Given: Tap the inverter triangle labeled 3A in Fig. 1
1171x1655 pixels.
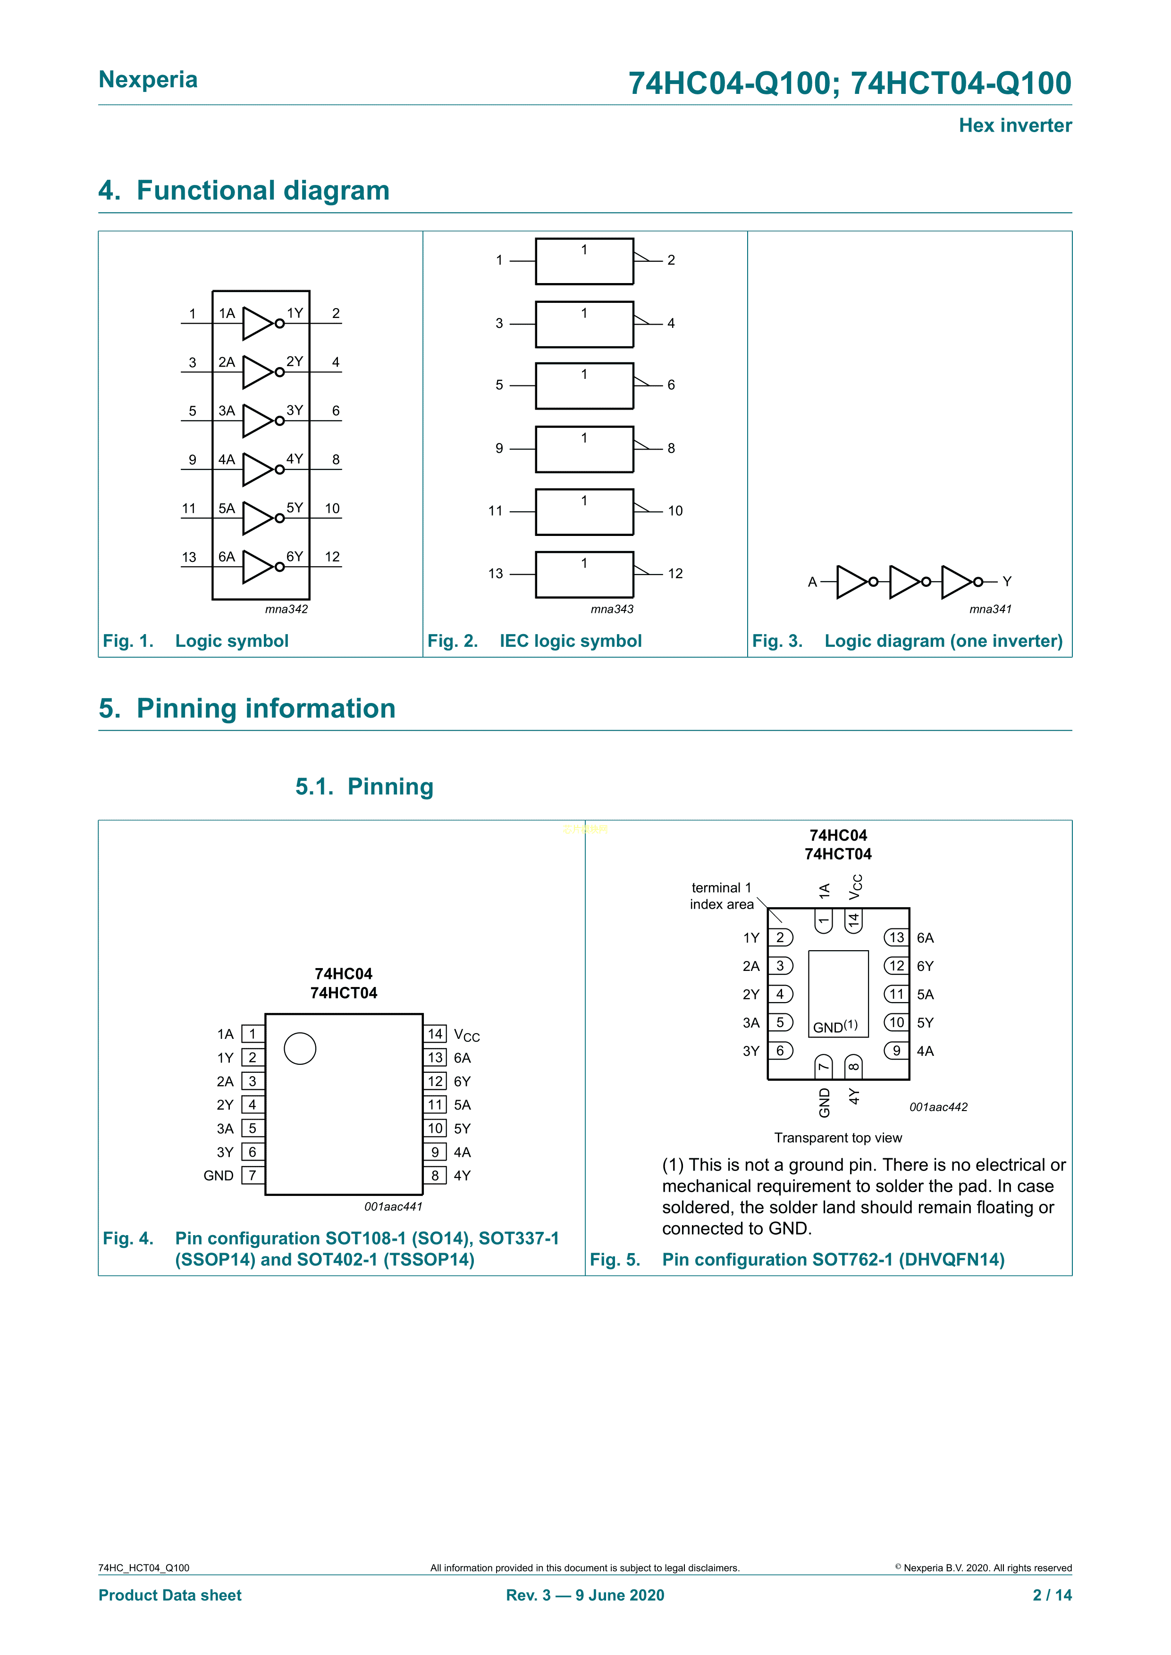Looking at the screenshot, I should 257,421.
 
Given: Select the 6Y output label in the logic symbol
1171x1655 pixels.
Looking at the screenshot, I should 294,557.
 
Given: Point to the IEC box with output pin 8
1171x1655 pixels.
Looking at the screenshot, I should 584,449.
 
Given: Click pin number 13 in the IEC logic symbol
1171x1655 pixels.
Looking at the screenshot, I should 496,574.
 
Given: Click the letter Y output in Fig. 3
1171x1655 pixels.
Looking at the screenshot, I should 1007,582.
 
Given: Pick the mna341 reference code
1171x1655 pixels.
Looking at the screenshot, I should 990,609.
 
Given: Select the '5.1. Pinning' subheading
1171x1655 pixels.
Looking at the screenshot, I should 364,786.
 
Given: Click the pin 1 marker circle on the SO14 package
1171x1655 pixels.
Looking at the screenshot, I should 300,1049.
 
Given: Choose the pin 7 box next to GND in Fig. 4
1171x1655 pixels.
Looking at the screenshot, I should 253,1176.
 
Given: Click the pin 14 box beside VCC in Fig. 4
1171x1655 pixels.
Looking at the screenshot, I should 435,1034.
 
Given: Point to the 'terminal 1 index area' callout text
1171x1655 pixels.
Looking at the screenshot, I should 721,896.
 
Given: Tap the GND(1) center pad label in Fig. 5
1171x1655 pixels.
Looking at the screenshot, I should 835,1027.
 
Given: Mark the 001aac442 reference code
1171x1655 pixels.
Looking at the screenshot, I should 938,1107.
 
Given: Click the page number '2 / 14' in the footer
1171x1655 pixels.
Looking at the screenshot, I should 1052,1595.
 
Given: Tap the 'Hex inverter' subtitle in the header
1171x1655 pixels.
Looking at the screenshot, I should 1014,125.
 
